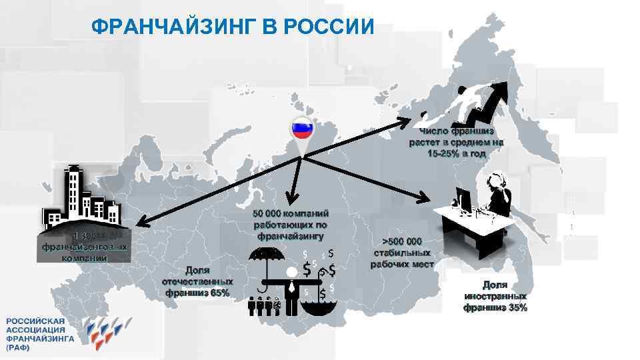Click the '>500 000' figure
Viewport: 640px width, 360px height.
coord(403,241)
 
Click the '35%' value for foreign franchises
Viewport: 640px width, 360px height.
coord(517,307)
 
